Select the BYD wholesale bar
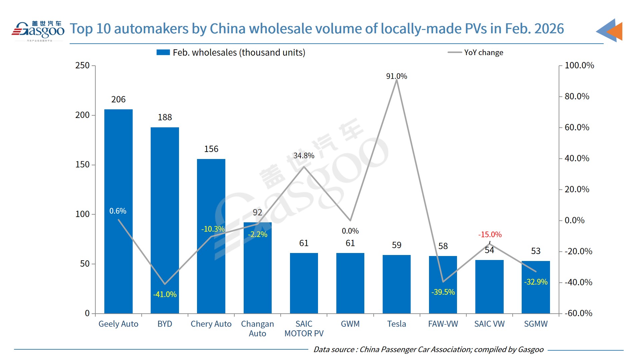[x=165, y=220]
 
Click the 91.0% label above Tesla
[x=396, y=76]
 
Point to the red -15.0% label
[x=490, y=235]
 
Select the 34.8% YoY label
[x=304, y=156]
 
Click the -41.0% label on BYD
[x=165, y=294]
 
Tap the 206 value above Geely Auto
[x=118, y=99]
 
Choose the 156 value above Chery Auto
[x=211, y=149]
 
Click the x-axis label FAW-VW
[x=443, y=324]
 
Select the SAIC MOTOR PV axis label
[x=304, y=329]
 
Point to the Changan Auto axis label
[x=257, y=329]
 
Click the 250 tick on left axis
[x=82, y=65]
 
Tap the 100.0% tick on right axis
[x=579, y=65]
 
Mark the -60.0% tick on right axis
[x=578, y=313]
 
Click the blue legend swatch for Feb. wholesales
[x=163, y=52]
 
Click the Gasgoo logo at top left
[x=38, y=31]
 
